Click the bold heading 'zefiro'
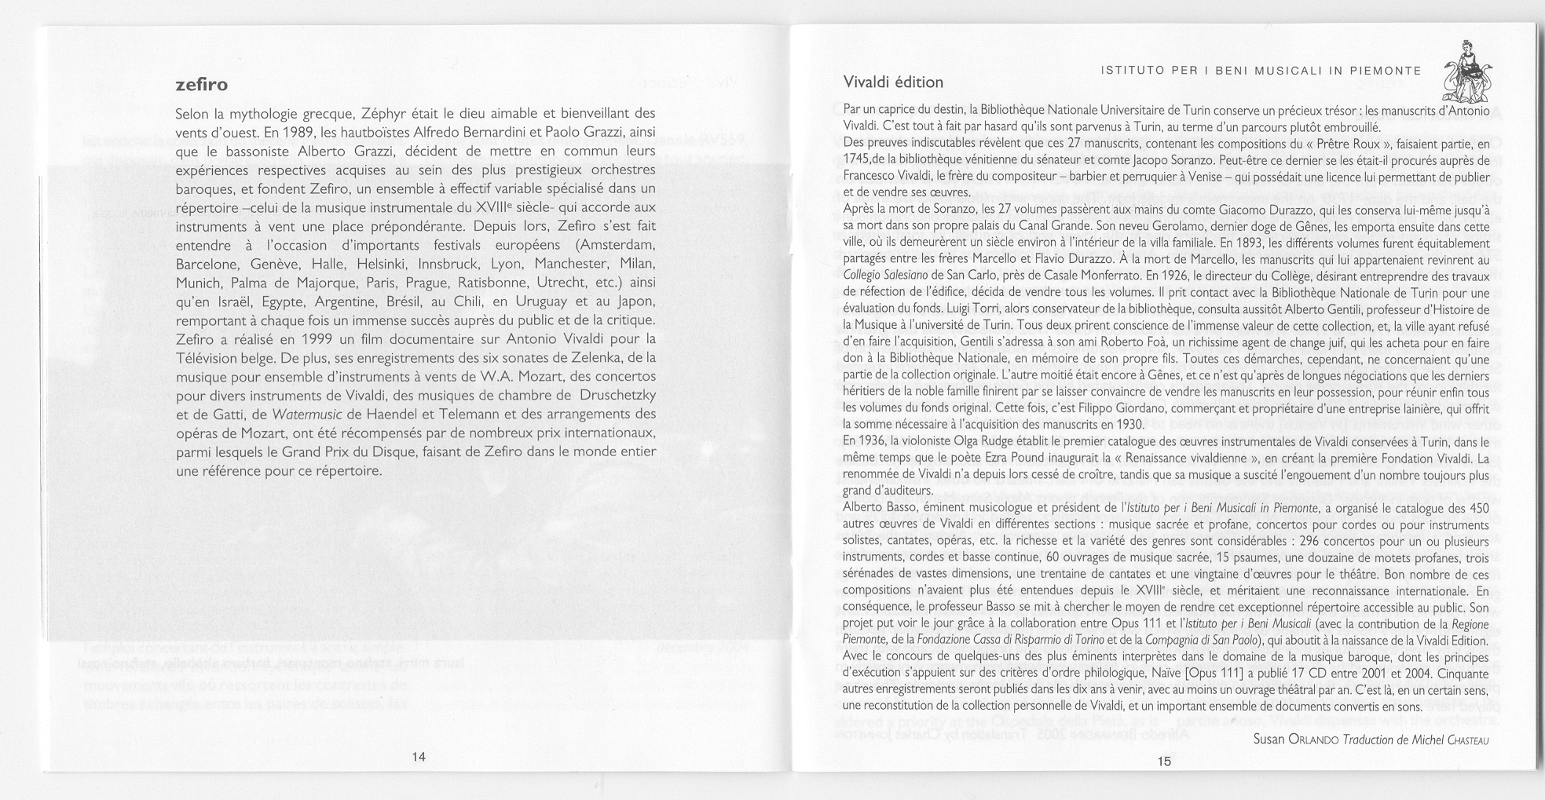(201, 84)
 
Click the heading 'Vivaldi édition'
(893, 82)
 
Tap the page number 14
(418, 757)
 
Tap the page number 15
(1163, 761)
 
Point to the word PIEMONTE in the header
(1386, 71)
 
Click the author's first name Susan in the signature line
(1269, 740)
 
